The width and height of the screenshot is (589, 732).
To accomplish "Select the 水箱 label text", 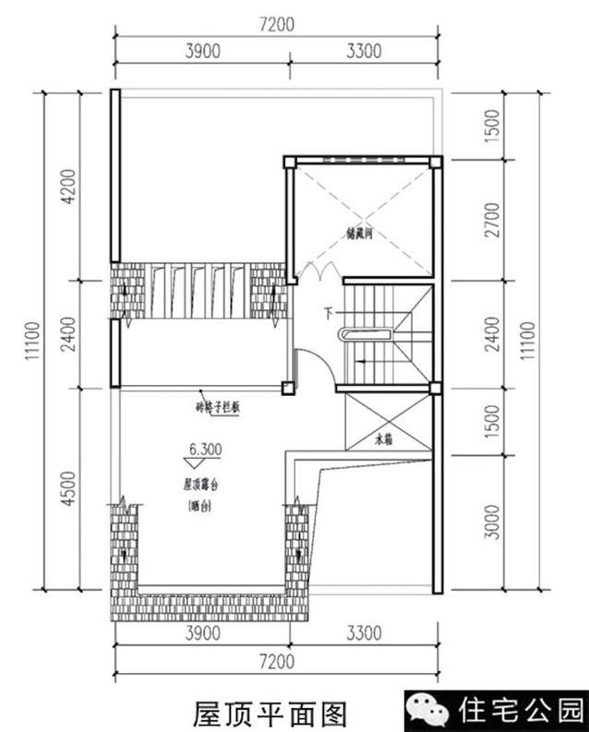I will click(x=383, y=440).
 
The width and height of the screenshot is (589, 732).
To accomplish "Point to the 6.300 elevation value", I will click(x=203, y=450).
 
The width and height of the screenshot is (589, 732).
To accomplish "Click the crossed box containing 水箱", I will click(x=385, y=422).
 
